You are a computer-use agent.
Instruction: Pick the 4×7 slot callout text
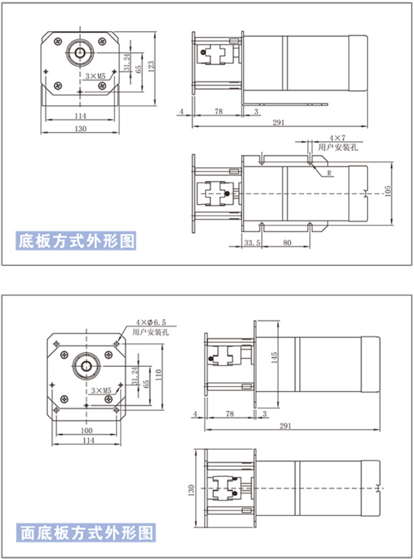(337, 137)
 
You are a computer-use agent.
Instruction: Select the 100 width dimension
(86, 431)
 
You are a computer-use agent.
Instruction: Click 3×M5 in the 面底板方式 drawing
(100, 390)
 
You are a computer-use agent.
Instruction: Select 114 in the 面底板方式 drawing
(89, 441)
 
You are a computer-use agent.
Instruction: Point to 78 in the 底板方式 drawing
(218, 111)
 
